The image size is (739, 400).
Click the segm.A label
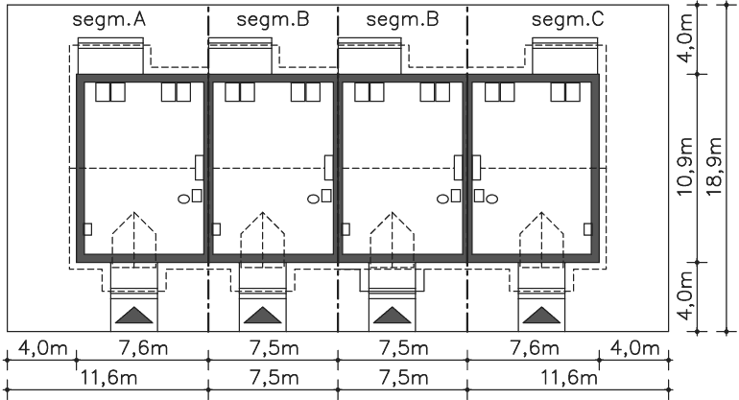[x=108, y=20]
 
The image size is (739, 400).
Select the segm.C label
[x=567, y=20]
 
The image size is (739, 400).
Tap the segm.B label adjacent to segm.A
[x=273, y=20]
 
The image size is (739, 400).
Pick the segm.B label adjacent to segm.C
[x=402, y=20]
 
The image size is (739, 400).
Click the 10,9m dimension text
[x=685, y=167]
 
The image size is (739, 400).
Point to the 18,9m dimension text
[x=714, y=167]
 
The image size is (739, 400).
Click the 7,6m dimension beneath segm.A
[x=143, y=348]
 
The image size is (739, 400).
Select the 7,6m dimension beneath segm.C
[x=535, y=348]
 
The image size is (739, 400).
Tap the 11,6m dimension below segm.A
[x=108, y=378]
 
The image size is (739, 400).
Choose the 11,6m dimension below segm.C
[x=568, y=378]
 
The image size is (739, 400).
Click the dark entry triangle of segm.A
[x=134, y=317]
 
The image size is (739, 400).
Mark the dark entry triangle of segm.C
[x=541, y=317]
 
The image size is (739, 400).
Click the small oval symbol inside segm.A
[x=184, y=200]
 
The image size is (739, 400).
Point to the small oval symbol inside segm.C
[x=491, y=200]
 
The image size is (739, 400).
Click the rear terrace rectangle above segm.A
[x=110, y=56]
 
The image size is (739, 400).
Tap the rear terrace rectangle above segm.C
[x=565, y=56]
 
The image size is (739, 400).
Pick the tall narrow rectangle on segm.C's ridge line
[x=476, y=167]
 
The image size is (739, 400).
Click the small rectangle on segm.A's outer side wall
[x=87, y=229]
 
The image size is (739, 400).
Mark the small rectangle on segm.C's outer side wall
[x=587, y=229]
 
